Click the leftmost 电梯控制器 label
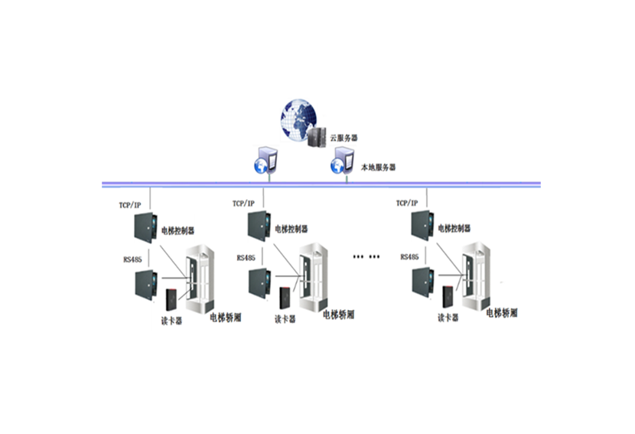point(177,229)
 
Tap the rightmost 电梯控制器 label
point(454,229)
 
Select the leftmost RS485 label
point(132,259)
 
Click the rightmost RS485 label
point(411,258)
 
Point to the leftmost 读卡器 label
point(171,321)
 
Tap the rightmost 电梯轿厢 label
point(502,313)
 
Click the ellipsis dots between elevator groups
point(366,257)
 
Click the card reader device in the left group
point(171,299)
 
